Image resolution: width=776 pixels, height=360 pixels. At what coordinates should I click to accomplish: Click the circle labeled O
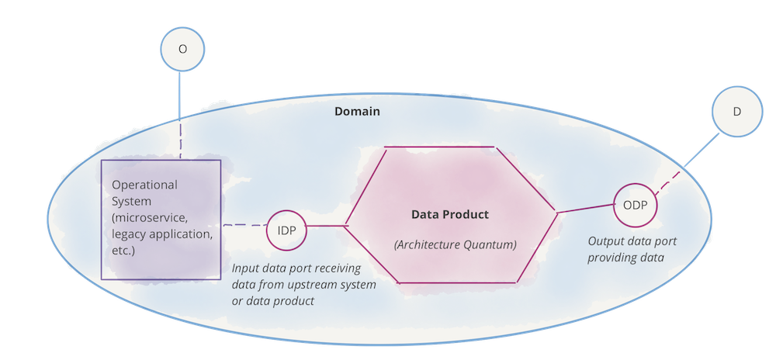[x=182, y=48]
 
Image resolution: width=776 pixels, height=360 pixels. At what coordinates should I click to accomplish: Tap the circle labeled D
[x=736, y=112]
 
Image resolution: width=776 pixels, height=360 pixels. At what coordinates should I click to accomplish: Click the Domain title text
[x=357, y=112]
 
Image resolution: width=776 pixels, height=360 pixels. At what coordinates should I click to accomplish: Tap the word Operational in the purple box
[x=145, y=185]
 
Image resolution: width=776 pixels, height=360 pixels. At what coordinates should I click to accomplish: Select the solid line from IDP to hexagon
[x=325, y=227]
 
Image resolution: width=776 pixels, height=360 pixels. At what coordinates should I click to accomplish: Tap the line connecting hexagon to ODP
[x=586, y=209]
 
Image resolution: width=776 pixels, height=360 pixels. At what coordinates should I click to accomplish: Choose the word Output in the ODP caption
[x=605, y=241]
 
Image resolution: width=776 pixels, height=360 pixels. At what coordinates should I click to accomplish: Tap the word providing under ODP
[x=611, y=257]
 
